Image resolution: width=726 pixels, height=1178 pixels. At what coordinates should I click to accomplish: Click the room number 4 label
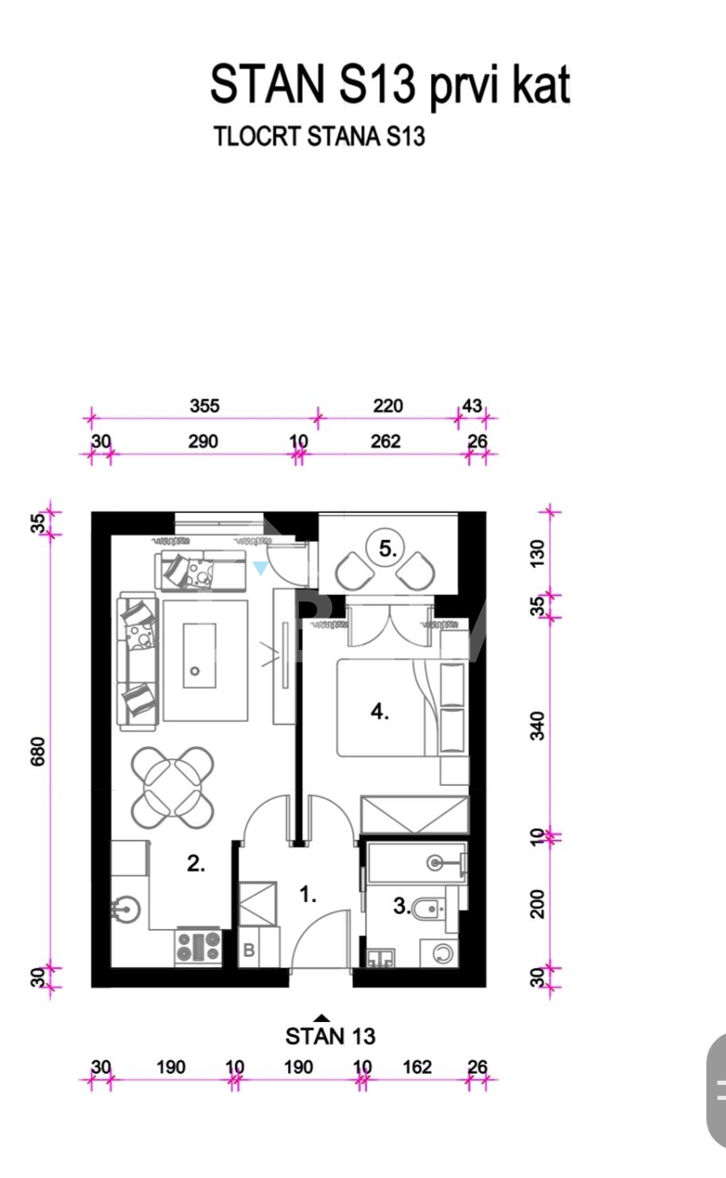pyautogui.click(x=379, y=712)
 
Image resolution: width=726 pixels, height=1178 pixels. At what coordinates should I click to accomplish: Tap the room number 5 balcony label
pyautogui.click(x=388, y=549)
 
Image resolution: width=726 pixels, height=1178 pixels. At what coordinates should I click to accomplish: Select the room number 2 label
pyautogui.click(x=196, y=864)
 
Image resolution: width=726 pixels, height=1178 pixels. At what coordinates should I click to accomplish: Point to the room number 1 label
pyautogui.click(x=308, y=895)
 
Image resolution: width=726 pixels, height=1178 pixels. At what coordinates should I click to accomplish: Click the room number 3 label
pyautogui.click(x=402, y=906)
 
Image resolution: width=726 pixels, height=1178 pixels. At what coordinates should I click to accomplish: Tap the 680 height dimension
pyautogui.click(x=38, y=752)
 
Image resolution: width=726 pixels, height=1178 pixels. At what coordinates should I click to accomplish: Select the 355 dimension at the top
pyautogui.click(x=204, y=406)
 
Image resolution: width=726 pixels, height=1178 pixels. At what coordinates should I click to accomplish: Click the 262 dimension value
pyautogui.click(x=386, y=441)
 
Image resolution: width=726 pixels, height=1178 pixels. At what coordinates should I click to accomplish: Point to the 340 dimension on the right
pyautogui.click(x=538, y=725)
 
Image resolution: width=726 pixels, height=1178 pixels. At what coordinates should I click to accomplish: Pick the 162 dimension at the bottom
pyautogui.click(x=417, y=1067)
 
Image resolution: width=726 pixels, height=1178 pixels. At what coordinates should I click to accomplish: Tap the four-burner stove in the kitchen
pyautogui.click(x=198, y=946)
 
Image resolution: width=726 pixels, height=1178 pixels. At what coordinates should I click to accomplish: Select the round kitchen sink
pyautogui.click(x=126, y=908)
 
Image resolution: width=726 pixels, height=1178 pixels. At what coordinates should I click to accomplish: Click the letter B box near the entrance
pyautogui.click(x=249, y=950)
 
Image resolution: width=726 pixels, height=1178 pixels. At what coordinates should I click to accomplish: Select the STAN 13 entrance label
pyautogui.click(x=330, y=1036)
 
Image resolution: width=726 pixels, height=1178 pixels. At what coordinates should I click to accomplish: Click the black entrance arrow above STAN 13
pyautogui.click(x=322, y=1017)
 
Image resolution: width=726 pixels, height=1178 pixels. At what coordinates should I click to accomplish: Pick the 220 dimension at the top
pyautogui.click(x=388, y=406)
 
